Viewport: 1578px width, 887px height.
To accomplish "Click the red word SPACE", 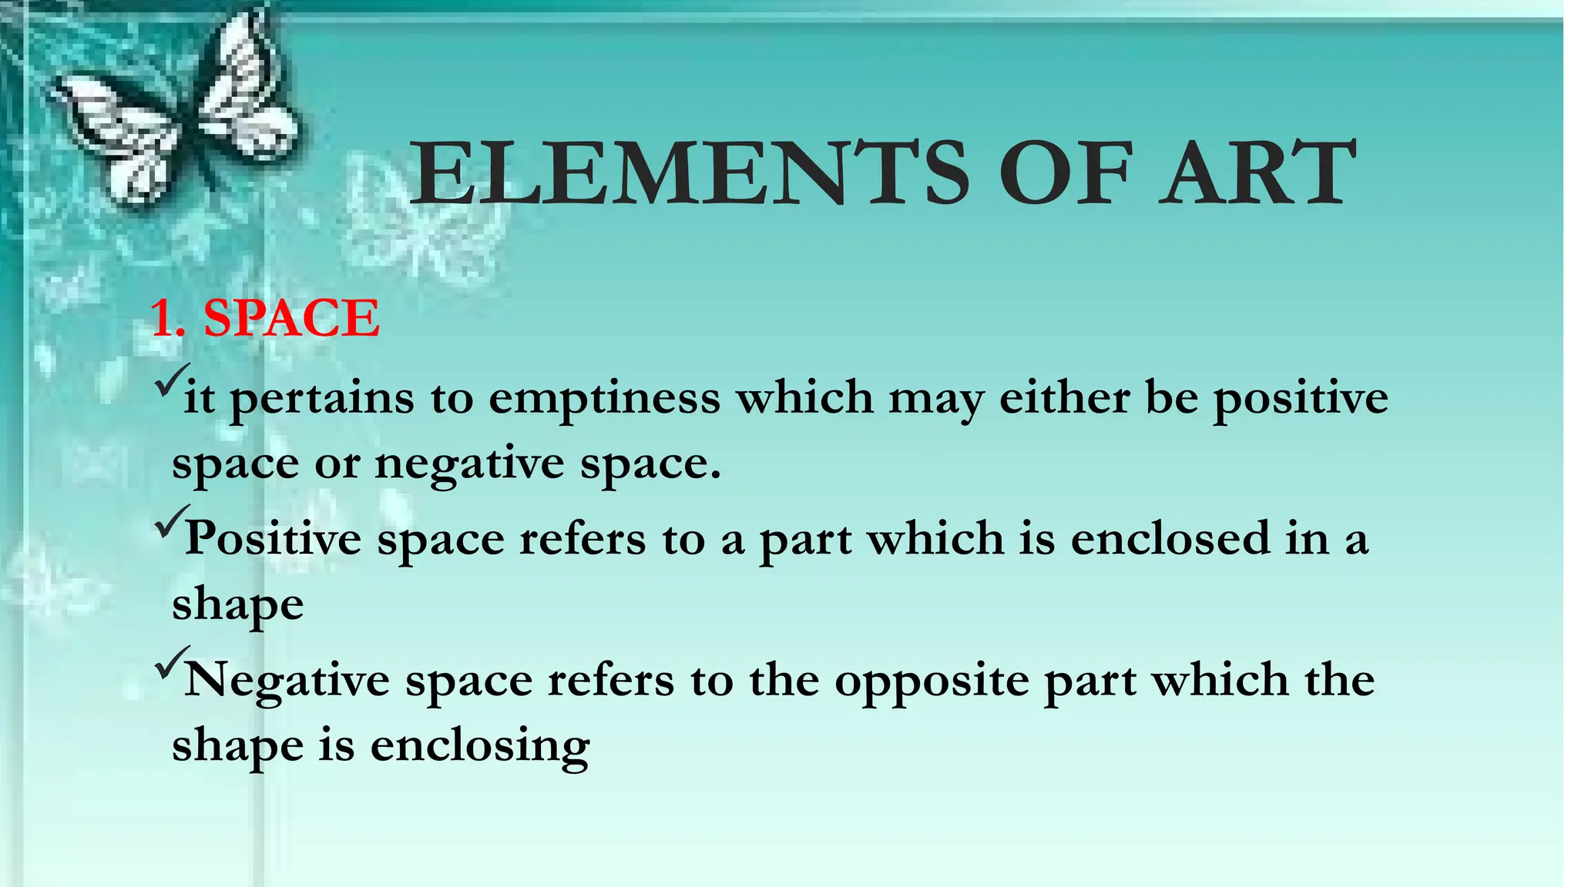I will click(x=291, y=318).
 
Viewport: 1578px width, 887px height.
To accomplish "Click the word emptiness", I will click(x=604, y=399).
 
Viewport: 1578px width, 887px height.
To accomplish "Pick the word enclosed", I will click(x=1170, y=538).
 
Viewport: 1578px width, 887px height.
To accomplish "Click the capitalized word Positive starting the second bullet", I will click(x=274, y=538).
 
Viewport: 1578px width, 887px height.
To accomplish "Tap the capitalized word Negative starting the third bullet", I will click(x=287, y=681).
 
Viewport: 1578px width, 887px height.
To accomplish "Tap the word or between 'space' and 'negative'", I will click(x=337, y=464).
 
